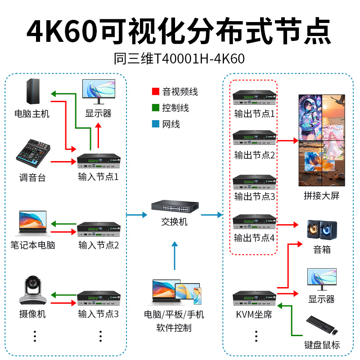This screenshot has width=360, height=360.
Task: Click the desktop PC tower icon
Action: point(33,91)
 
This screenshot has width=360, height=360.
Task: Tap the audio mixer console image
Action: point(33,153)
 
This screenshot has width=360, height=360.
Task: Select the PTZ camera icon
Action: point(33,290)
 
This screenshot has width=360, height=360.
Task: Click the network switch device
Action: point(175,207)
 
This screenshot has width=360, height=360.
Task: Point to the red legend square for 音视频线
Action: point(155,91)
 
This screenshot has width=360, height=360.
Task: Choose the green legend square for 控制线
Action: point(155,108)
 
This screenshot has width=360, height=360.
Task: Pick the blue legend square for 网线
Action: point(155,124)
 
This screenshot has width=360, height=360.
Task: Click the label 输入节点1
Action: point(98,177)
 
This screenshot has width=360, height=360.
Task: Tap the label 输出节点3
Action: point(254,197)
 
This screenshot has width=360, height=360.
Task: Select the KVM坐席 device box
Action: point(254,298)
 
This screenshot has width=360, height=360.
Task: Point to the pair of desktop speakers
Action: point(322,230)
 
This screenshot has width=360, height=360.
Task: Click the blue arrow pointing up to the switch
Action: point(175,256)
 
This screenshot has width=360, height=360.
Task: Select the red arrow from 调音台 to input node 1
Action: point(63,162)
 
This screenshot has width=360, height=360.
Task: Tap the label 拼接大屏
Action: point(321,196)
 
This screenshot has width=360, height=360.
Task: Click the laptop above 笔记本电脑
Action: point(33,223)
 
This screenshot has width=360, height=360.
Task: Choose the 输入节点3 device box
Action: point(99,298)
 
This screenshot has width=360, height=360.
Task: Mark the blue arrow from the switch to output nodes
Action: point(211,215)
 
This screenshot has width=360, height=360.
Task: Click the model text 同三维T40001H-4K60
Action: point(179,58)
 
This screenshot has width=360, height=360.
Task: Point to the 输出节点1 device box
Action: point(254,97)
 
